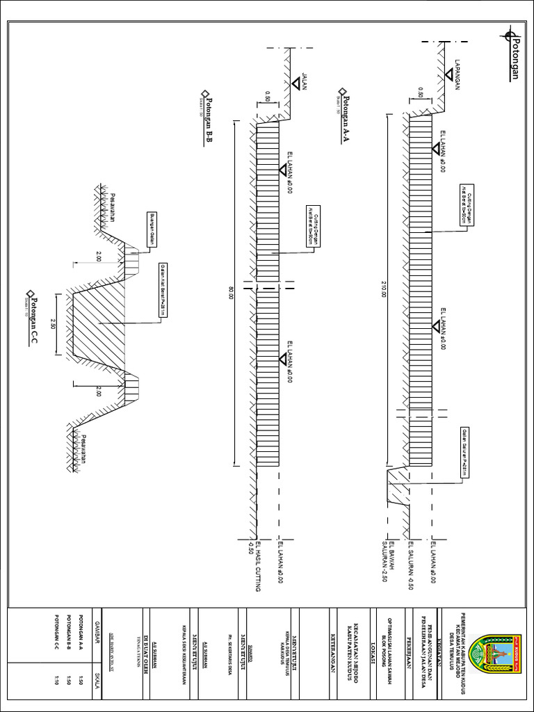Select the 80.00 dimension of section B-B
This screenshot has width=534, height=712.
click(x=232, y=293)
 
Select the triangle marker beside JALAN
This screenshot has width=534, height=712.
click(x=296, y=83)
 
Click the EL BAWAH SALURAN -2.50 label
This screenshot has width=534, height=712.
click(x=389, y=560)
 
